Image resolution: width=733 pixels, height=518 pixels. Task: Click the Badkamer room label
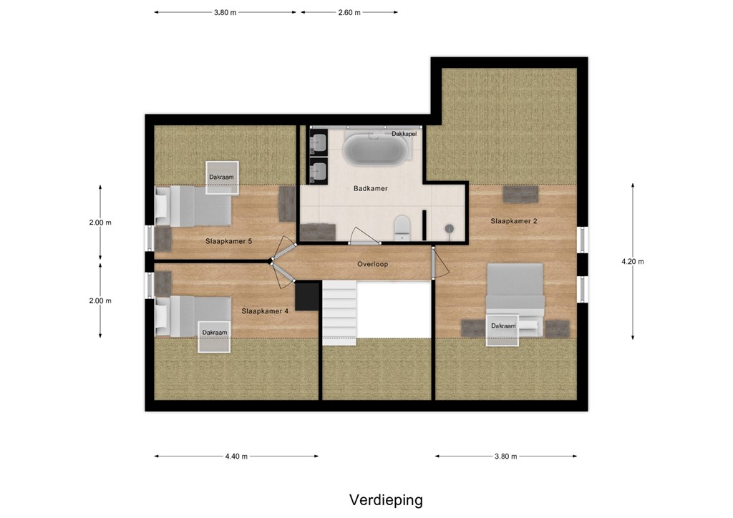click(x=370, y=189)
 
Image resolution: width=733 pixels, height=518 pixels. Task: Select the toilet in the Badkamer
click(x=402, y=228)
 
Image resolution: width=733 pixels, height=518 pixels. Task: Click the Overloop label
click(x=372, y=265)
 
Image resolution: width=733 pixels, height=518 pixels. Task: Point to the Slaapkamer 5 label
click(x=228, y=242)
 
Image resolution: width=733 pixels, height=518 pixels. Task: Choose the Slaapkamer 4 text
click(x=265, y=311)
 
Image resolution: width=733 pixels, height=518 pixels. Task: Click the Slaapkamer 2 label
click(x=514, y=221)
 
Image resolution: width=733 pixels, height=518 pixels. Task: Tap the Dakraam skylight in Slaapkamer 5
click(x=222, y=177)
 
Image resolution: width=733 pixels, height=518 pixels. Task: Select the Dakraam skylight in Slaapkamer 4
click(x=214, y=337)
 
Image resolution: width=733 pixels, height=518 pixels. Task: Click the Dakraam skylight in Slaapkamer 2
click(x=503, y=331)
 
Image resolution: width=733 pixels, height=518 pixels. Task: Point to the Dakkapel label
click(x=404, y=134)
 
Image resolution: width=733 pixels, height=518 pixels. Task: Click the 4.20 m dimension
click(x=633, y=262)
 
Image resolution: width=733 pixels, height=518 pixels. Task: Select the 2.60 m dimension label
click(x=349, y=13)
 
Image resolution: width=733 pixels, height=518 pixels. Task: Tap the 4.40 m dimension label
click(x=236, y=456)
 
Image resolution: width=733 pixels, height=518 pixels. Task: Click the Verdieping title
click(x=386, y=500)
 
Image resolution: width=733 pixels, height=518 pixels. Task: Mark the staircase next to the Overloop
click(x=339, y=313)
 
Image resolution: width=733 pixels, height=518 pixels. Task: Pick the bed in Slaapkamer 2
click(x=515, y=300)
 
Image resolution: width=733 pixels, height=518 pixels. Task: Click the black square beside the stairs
click(x=306, y=296)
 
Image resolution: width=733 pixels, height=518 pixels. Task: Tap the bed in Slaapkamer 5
click(x=193, y=207)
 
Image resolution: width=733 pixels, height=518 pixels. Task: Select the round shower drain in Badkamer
click(x=450, y=228)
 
